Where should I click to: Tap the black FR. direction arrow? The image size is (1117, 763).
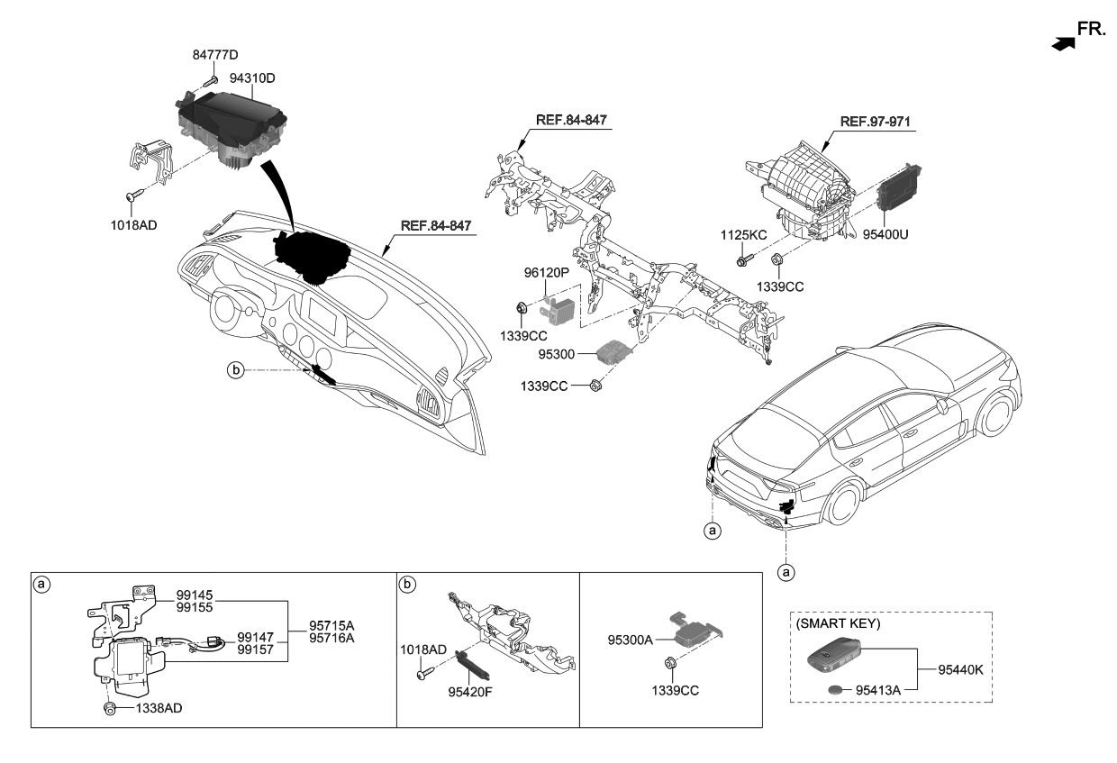1063,41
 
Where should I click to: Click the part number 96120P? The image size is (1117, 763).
548,270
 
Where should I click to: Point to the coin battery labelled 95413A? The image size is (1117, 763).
839,688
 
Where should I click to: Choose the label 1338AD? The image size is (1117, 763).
159,709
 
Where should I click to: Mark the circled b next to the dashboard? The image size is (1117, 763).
235,369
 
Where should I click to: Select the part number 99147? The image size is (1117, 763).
256,636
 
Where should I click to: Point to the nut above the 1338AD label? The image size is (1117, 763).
110,708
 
